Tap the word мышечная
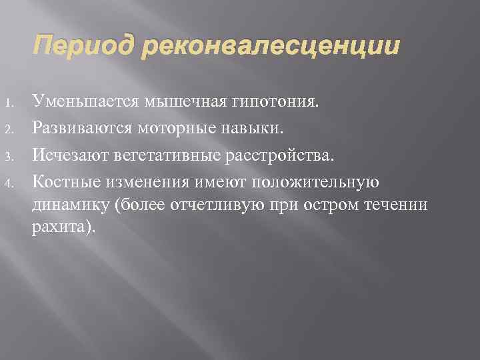point(178,103)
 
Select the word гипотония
point(273,103)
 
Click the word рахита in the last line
point(61,208)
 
